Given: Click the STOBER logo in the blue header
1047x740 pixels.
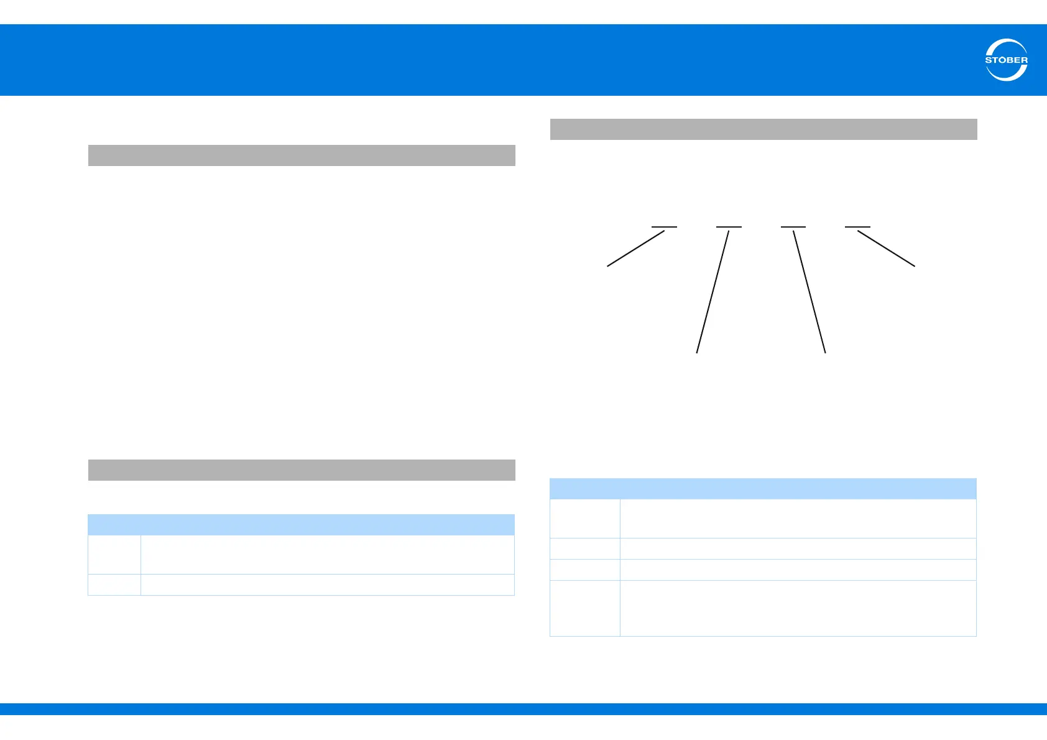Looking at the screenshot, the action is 1006,60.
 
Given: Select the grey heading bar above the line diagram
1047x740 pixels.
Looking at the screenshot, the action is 763,129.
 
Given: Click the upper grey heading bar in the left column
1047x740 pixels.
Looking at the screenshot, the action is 302,155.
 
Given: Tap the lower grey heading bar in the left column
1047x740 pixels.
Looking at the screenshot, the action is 302,470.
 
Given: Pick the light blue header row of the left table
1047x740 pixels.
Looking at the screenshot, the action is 302,525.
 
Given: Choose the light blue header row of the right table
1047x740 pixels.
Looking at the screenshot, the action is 763,489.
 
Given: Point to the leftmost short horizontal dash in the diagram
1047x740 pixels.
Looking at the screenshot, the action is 664,227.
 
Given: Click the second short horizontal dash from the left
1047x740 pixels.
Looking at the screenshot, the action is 729,227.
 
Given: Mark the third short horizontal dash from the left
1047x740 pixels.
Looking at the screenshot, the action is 793,227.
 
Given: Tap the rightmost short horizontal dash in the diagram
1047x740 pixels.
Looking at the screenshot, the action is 858,227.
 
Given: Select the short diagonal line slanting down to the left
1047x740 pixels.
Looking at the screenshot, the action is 636,249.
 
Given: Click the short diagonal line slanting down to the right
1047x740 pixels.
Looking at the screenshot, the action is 887,249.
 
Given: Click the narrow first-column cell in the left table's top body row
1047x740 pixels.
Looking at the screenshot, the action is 114,555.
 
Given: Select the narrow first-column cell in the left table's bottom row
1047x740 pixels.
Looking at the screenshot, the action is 114,585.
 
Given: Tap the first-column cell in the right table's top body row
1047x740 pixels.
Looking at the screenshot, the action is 585,519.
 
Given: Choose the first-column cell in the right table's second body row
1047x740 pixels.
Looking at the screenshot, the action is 585,548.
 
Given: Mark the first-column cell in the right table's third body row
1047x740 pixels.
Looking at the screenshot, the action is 585,570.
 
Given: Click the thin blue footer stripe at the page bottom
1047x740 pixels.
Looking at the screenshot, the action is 523,709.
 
